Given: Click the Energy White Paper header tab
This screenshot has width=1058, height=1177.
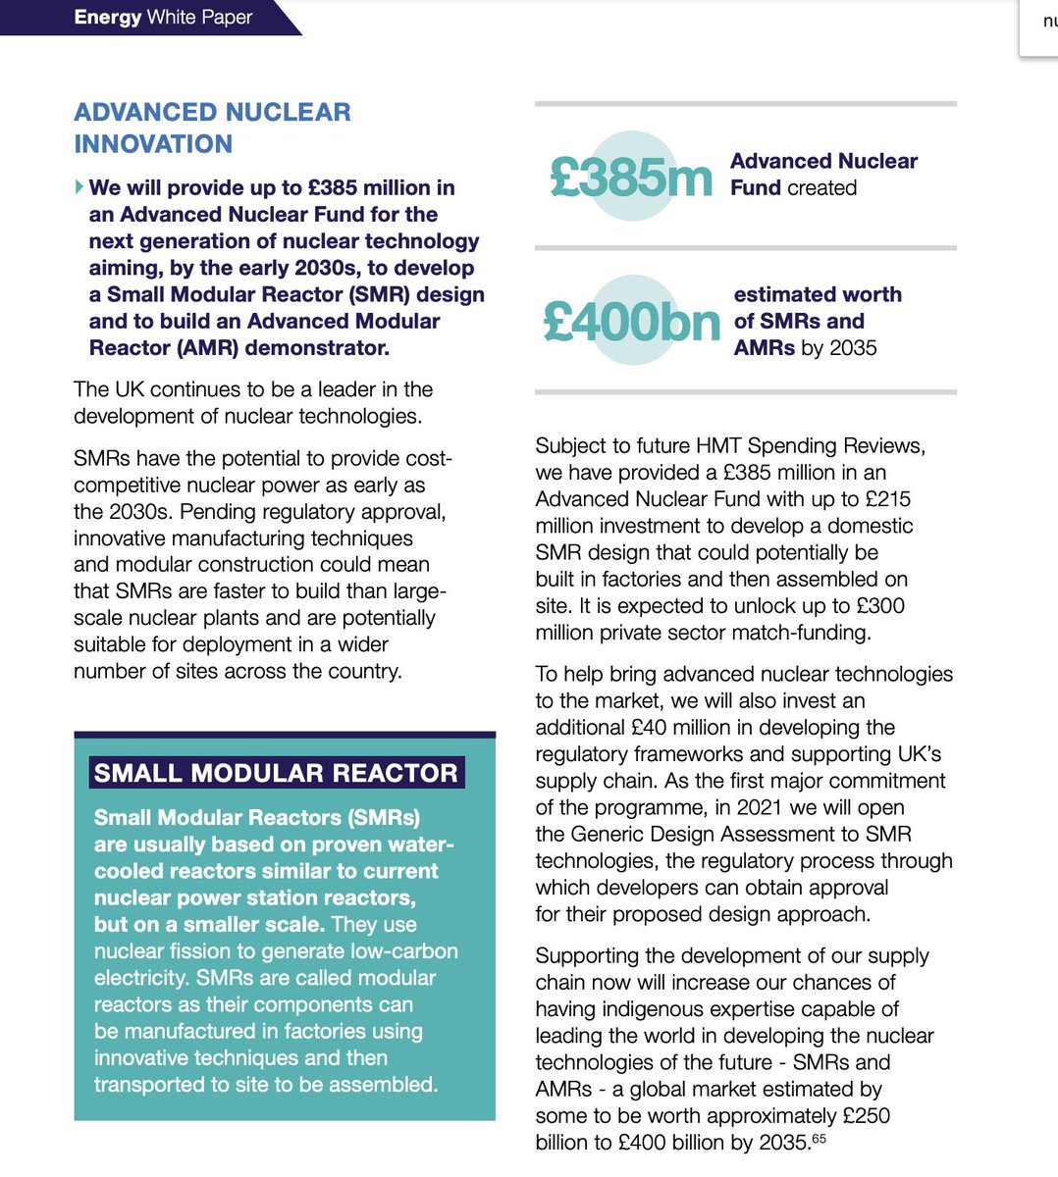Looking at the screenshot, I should tap(162, 18).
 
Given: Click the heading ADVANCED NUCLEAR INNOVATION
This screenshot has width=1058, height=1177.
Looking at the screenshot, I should tap(212, 128).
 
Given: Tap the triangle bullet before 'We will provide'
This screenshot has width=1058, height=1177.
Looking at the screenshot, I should tap(79, 186).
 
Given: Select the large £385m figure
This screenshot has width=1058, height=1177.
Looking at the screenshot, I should tap(630, 177).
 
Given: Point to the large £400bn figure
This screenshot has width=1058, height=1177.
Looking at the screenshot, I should tap(631, 321).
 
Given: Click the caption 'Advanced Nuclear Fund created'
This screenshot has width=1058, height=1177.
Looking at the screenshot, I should tap(823, 175).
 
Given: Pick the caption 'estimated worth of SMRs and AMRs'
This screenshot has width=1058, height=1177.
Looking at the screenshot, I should tap(817, 321).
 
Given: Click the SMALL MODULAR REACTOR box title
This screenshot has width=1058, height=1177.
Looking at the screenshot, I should tap(276, 773).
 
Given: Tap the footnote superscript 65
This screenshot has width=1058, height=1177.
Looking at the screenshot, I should tap(819, 1139).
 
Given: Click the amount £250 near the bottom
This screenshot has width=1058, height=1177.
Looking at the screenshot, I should tap(866, 1116).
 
